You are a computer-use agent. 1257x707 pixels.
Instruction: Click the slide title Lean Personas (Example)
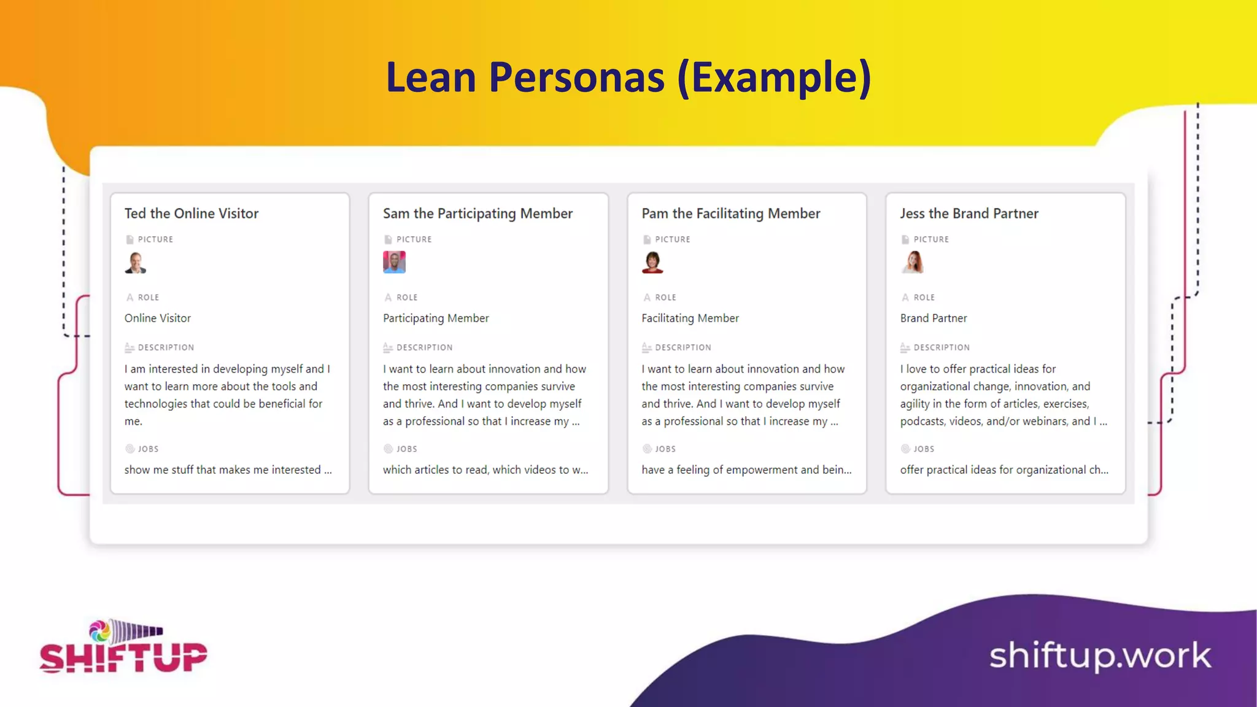(628, 78)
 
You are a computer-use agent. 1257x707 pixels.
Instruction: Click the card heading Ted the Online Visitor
(191, 214)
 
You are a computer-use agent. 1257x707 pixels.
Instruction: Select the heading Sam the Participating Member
(478, 214)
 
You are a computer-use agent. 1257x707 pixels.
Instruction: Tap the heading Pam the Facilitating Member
(730, 214)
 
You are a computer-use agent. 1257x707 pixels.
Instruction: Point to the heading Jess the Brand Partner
(969, 214)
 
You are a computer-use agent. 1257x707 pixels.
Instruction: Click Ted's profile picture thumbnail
(136, 263)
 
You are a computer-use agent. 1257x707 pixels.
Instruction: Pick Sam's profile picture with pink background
(394, 262)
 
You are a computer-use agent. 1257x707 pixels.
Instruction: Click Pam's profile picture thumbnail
(652, 263)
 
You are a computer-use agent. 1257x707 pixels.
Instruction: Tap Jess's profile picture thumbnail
(913, 262)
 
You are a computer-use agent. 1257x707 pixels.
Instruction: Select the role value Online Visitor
(158, 318)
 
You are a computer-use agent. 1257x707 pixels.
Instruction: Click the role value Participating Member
(436, 318)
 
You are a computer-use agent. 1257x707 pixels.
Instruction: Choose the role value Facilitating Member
(690, 318)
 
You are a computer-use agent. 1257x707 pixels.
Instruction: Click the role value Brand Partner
(933, 318)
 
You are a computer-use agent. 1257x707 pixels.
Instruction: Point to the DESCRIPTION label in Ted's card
(166, 347)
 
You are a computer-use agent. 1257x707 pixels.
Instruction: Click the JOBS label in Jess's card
(923, 449)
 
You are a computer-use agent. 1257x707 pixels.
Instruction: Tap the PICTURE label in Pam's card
(672, 239)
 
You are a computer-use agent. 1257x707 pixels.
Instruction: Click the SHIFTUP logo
(123, 648)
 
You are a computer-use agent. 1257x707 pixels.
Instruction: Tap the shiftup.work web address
(1099, 656)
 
